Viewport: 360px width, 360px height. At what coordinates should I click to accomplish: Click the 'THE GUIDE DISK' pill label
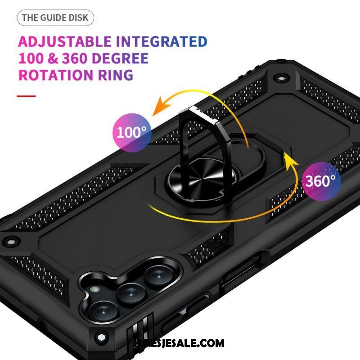(x=55, y=18)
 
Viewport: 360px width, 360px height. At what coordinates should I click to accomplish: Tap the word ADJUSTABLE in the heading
(x=65, y=41)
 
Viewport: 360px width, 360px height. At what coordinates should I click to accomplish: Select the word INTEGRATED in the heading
(x=162, y=41)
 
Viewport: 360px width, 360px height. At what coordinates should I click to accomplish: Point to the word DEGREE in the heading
(x=120, y=58)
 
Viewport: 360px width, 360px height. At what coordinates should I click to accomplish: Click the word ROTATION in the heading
(x=56, y=75)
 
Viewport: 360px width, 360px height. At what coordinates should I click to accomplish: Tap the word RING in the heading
(x=116, y=75)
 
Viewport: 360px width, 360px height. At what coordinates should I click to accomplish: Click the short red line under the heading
(x=27, y=96)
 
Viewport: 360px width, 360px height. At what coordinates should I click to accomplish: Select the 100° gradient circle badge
(x=132, y=133)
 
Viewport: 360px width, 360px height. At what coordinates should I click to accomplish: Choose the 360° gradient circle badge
(x=321, y=181)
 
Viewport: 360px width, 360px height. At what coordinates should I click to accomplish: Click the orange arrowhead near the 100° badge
(x=161, y=106)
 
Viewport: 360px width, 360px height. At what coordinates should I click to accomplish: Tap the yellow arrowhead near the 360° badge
(x=290, y=161)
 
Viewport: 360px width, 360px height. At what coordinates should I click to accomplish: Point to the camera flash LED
(x=94, y=289)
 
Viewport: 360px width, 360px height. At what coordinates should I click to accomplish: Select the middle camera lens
(x=131, y=294)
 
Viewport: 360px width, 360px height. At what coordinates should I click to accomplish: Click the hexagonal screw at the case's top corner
(x=281, y=78)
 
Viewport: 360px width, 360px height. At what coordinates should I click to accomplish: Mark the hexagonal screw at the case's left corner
(x=10, y=242)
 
